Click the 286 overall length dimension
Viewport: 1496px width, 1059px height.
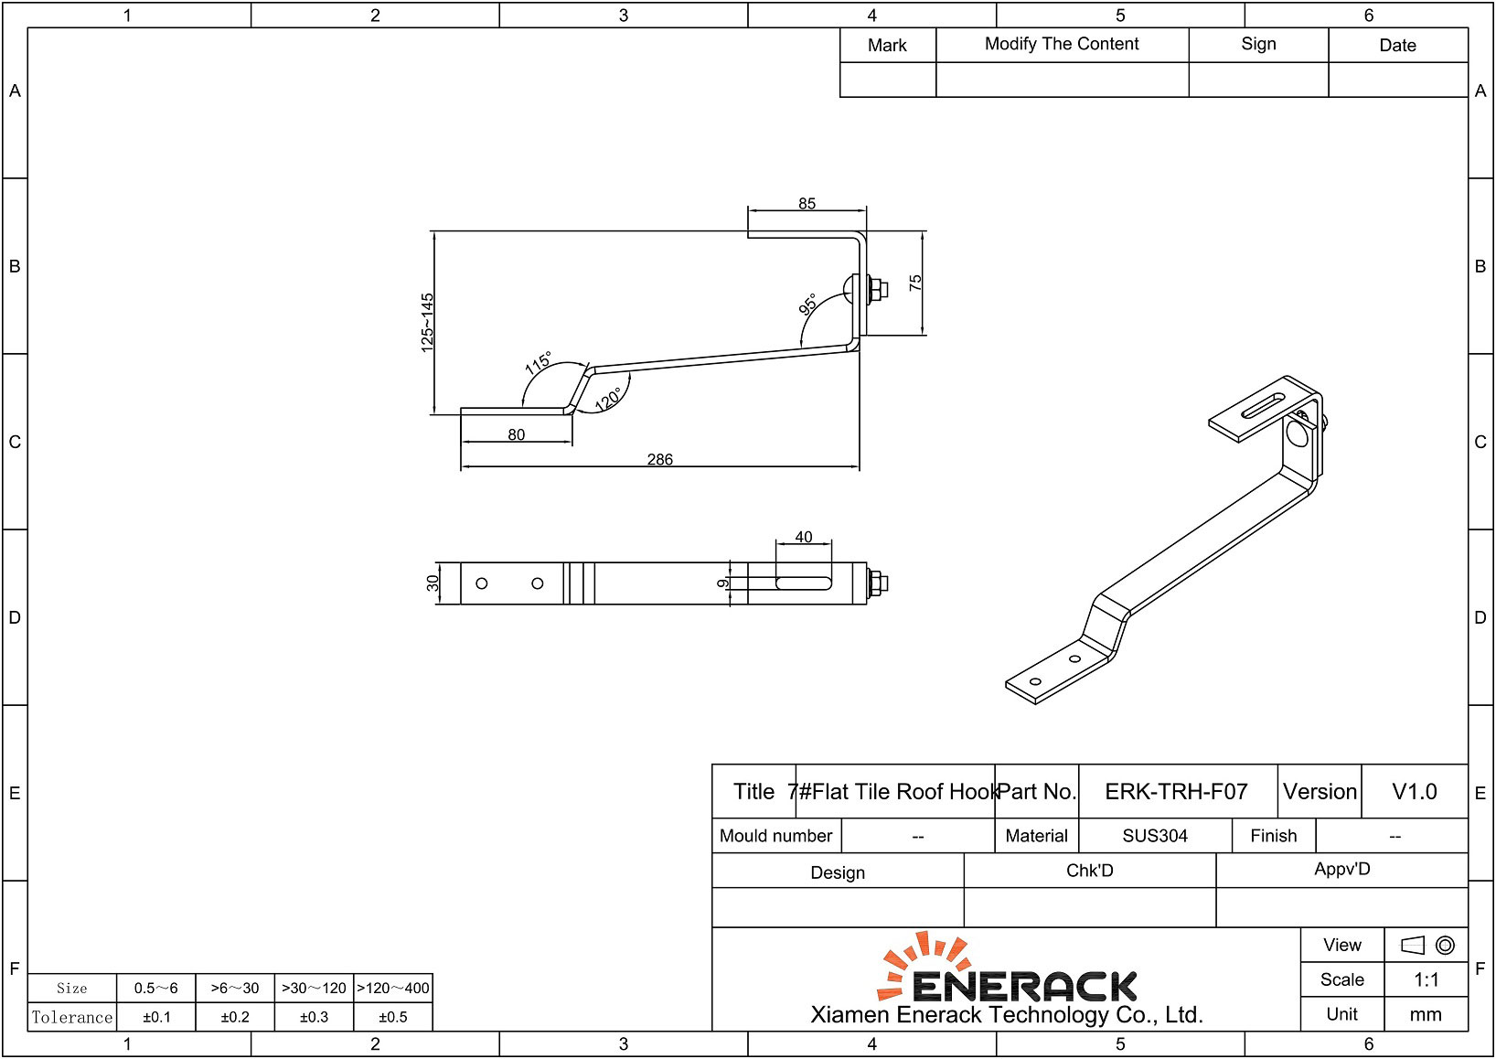coord(659,459)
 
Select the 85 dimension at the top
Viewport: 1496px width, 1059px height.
coord(807,203)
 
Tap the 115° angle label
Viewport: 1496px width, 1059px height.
coord(539,363)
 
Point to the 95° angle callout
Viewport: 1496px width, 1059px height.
coord(808,305)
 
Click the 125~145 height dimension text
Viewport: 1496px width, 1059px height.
coord(427,322)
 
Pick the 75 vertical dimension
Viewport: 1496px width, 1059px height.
coord(915,283)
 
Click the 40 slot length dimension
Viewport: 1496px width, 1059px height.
coord(804,537)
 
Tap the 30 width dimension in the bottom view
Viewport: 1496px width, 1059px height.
coord(433,583)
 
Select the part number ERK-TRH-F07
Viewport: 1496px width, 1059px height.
coord(1176,792)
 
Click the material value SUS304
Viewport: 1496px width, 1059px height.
coord(1155,836)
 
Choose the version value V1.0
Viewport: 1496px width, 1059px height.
coord(1414,792)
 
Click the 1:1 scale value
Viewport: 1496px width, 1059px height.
coord(1426,980)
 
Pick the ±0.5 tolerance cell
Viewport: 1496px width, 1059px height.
coord(393,1017)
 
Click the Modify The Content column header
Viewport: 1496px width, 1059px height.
coord(1062,44)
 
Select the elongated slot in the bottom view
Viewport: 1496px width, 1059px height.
coord(804,583)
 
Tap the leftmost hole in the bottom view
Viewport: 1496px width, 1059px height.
coord(482,583)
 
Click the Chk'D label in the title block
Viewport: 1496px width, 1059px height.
coord(1089,871)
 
